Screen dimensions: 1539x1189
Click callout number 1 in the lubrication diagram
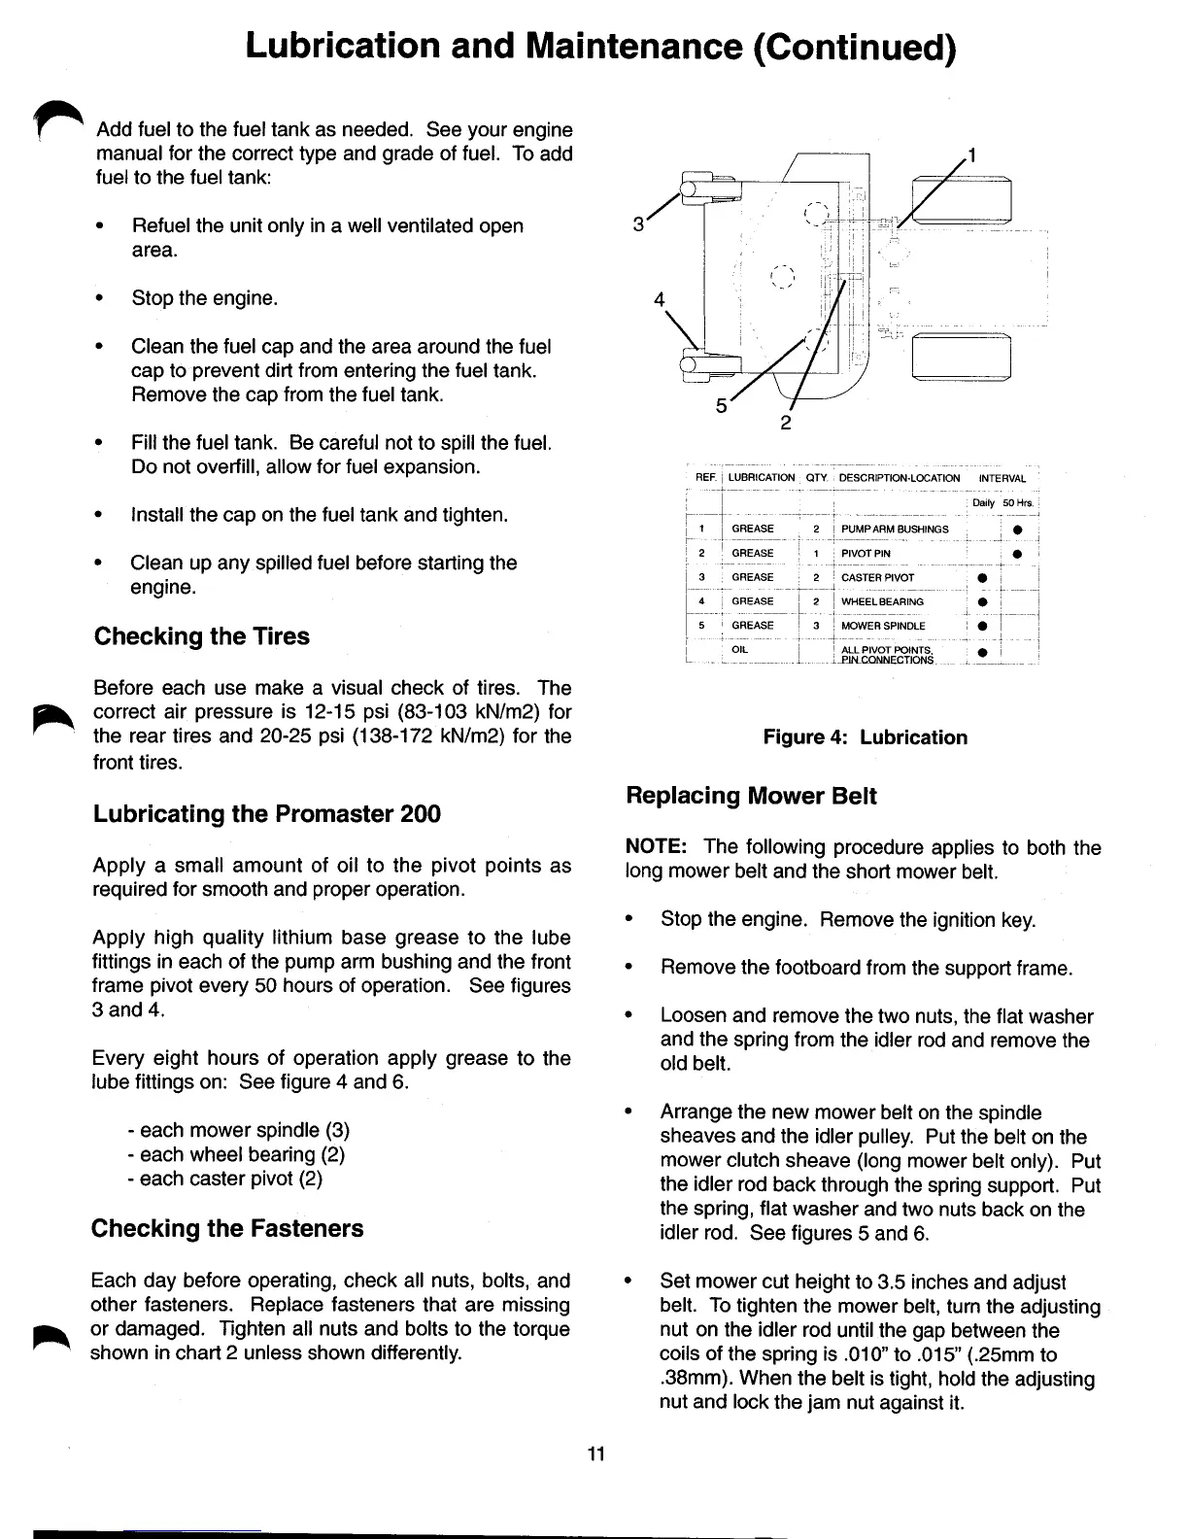tap(972, 155)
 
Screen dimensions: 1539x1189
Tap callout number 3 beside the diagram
tap(638, 224)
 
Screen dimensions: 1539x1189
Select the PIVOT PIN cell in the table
tap(866, 553)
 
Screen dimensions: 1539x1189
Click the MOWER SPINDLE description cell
tap(883, 626)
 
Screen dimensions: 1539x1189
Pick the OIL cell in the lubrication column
tap(740, 649)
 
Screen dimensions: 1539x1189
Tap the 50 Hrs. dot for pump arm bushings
tap(1016, 530)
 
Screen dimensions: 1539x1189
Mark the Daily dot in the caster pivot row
tap(982, 578)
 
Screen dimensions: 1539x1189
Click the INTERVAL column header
tap(1002, 478)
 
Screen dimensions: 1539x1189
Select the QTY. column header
tap(816, 478)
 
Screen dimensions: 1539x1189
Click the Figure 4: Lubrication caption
tap(865, 737)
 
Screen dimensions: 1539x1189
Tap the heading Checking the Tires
tap(201, 636)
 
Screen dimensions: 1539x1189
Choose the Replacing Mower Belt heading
tap(751, 796)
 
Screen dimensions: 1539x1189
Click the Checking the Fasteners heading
tap(227, 1228)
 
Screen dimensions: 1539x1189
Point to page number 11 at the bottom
tap(595, 1453)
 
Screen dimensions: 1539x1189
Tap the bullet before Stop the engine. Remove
tap(630, 919)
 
